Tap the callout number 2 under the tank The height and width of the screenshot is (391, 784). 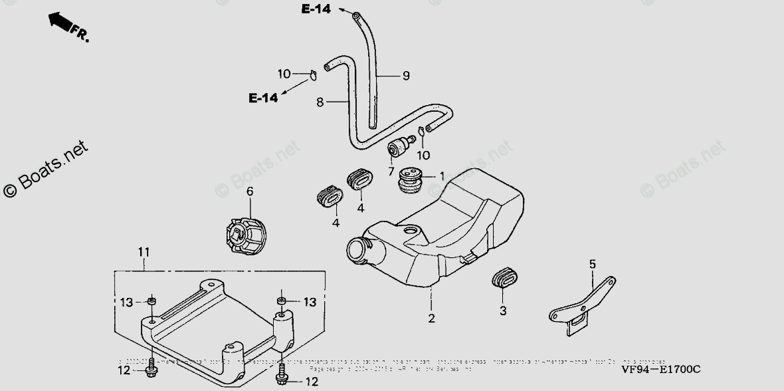431,319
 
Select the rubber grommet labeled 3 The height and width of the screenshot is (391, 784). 507,279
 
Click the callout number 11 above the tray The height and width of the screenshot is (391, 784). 144,252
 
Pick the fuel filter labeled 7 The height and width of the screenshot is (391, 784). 400,148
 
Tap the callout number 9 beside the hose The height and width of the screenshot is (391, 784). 405,76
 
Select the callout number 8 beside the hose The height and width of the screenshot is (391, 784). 320,102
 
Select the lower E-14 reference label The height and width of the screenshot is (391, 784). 263,98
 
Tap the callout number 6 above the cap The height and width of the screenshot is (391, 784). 250,192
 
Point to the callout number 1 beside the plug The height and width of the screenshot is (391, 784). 441,176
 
